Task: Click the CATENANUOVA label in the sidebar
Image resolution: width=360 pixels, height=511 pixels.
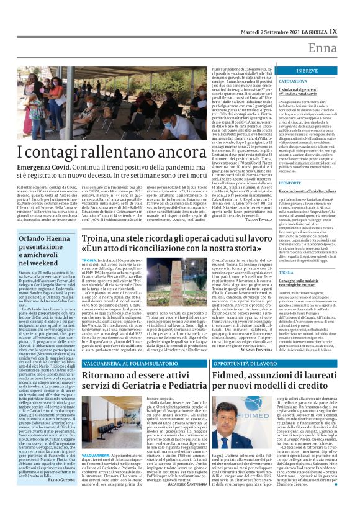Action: click(293, 81)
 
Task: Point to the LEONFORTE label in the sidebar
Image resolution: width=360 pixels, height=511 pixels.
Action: click(289, 183)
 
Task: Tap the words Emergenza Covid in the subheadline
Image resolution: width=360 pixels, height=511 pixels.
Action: click(31, 168)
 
